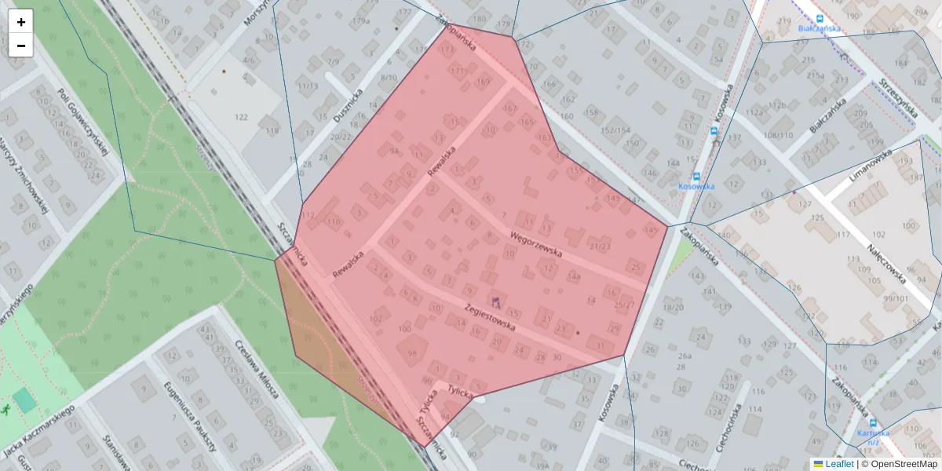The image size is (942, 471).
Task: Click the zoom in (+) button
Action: (21, 22)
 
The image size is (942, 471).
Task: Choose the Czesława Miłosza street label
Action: (258, 370)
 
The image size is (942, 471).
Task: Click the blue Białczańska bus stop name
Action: (819, 28)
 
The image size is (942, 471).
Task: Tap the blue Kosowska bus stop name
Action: (696, 186)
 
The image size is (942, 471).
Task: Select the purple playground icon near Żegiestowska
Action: (495, 301)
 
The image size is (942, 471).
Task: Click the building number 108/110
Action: (777, 135)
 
